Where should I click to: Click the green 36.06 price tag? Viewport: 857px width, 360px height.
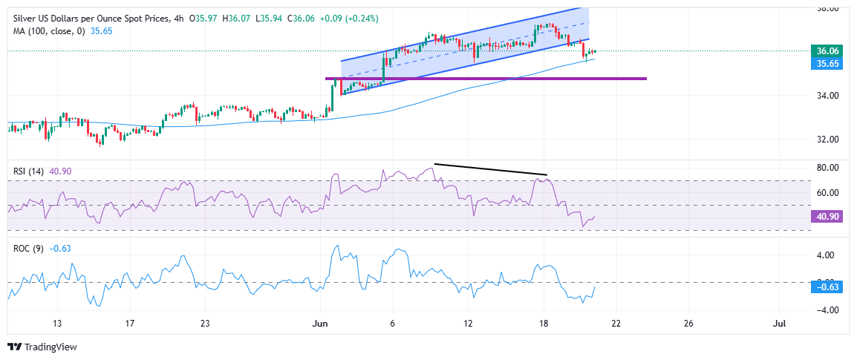[827, 51]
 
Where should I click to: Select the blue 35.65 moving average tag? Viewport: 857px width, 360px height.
[827, 64]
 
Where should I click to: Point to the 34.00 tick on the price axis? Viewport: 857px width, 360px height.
[827, 96]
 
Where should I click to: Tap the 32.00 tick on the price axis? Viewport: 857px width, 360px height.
[827, 140]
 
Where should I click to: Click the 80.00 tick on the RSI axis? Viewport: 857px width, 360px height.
[827, 167]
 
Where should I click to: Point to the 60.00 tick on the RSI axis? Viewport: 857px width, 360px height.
[827, 193]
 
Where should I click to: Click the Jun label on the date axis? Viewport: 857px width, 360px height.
[320, 324]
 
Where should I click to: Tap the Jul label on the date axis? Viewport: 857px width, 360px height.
[779, 324]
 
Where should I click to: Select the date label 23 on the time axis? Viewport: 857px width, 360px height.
[206, 324]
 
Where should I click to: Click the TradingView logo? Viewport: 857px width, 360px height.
[42, 347]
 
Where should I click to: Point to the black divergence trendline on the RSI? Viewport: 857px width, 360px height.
[490, 169]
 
